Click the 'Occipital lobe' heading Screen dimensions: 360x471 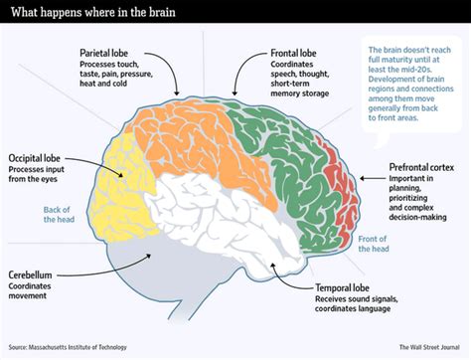click(39, 158)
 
